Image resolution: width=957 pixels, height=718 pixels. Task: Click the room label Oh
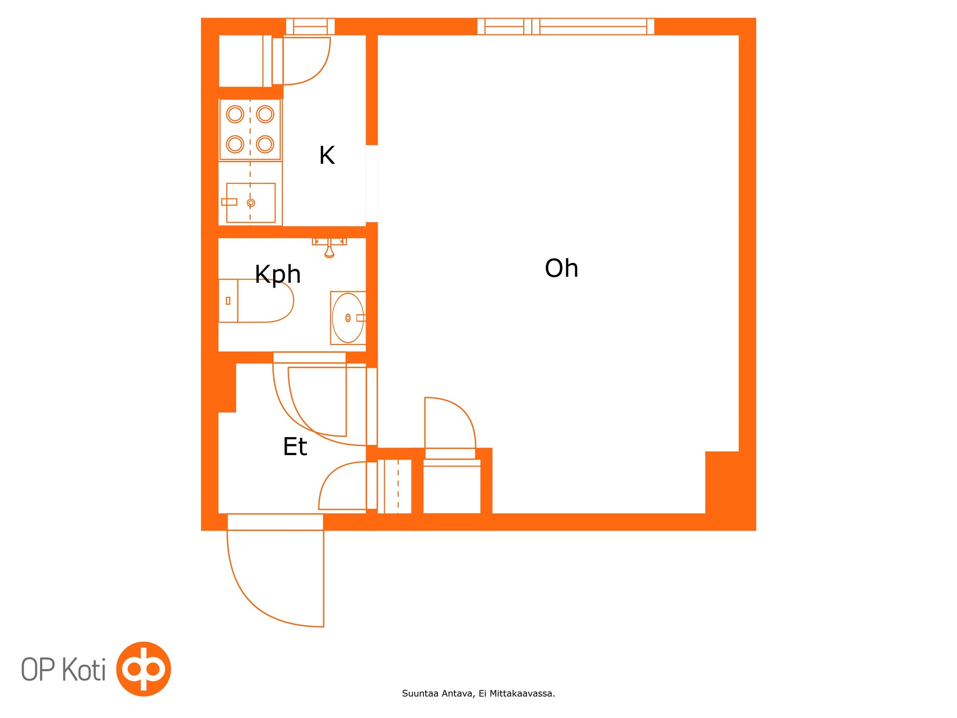coord(561,268)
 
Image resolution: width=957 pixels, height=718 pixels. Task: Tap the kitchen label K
coord(327,155)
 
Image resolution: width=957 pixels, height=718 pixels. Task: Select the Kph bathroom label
coord(278,275)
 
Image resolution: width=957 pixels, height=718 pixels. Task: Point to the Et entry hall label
coord(295,446)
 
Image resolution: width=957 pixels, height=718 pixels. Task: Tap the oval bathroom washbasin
coord(348,318)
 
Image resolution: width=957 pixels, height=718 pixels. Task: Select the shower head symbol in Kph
coord(329,248)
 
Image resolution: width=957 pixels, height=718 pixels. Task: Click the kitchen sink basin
coord(251,203)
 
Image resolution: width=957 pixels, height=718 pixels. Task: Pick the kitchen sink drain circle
coord(251,203)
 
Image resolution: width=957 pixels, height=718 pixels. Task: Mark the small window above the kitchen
coord(310,26)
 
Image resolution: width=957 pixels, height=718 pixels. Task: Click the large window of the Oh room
coord(566,26)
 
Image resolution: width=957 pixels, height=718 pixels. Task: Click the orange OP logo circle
coord(144,669)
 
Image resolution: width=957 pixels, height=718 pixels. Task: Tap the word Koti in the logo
coord(83,670)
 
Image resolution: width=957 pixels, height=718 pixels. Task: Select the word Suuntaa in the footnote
coord(420,694)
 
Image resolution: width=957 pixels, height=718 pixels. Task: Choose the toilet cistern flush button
coord(228,301)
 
